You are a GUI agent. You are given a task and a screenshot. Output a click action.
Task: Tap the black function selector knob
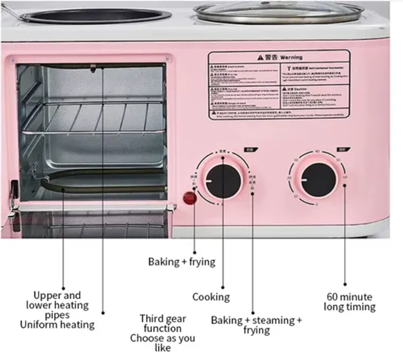[223, 181]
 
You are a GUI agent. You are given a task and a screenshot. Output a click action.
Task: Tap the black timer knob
[318, 180]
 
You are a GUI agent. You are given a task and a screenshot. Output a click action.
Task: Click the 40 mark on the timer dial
[317, 151]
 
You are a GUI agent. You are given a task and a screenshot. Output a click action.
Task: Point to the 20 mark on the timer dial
[289, 178]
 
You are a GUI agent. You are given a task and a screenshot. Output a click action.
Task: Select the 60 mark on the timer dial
[345, 177]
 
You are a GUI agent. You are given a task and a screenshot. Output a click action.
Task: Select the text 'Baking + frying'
[181, 262]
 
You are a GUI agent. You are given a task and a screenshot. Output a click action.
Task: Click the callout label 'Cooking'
[211, 297]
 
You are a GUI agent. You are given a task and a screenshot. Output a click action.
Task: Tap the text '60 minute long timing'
[349, 302]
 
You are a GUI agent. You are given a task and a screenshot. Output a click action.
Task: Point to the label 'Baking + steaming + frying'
[256, 325]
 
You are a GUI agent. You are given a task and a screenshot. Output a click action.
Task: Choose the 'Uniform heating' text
[57, 325]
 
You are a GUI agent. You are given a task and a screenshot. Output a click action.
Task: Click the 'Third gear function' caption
[163, 324]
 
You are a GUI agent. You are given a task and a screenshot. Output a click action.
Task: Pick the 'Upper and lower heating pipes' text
[57, 305]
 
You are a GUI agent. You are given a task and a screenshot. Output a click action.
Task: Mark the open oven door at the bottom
[91, 222]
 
